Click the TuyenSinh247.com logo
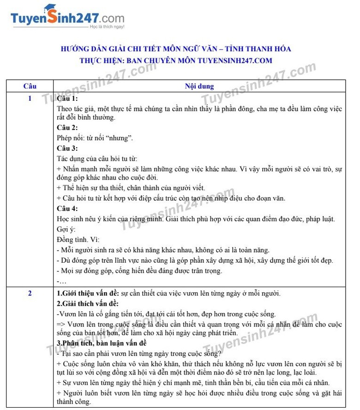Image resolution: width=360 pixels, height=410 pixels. pyautogui.click(x=67, y=18)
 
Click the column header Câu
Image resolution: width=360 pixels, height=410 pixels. pyautogui.click(x=30, y=86)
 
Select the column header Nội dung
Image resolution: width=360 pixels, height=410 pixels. pyautogui.click(x=199, y=86)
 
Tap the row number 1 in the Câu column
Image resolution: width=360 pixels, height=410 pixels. pyautogui.click(x=30, y=98)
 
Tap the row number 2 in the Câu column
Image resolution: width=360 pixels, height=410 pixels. pyautogui.click(x=30, y=293)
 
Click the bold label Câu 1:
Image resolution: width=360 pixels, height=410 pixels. pyautogui.click(x=67, y=99)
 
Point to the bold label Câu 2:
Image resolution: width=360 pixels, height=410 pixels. pyautogui.click(x=67, y=127)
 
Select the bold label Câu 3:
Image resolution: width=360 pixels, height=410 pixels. pyautogui.click(x=67, y=148)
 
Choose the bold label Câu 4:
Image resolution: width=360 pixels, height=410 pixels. pyautogui.click(x=67, y=208)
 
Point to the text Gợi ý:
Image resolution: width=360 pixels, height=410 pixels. pyautogui.click(x=66, y=229)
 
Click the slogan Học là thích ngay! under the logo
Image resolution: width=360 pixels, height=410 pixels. pyautogui.click(x=107, y=27)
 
